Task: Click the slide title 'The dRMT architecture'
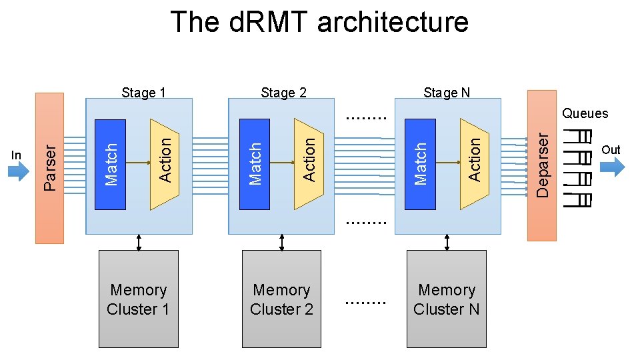coord(319,22)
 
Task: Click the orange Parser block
coord(49,167)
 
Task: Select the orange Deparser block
coord(541,165)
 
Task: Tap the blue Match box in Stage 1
coord(111,164)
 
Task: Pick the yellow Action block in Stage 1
coord(165,164)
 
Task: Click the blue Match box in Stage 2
coord(254,164)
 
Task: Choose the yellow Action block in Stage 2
coord(309,164)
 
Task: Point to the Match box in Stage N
coord(420,164)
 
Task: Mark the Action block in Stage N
coord(474,164)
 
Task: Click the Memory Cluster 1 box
coord(138,299)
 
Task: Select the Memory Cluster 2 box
coord(281,299)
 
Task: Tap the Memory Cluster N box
coord(446,299)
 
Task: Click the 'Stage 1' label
coord(143,93)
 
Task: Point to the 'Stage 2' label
coord(284,93)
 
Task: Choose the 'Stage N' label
coord(447,93)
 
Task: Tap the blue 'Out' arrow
coord(612,165)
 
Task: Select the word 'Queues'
coord(585,113)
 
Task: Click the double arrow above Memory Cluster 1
coord(139,242)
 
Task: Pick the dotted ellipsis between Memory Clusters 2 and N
coord(366,302)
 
